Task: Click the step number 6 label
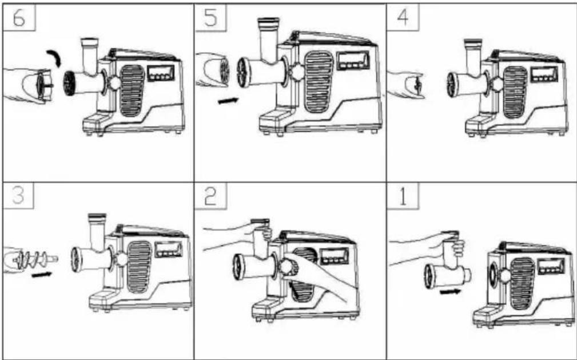[19, 18]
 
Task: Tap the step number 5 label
[211, 17]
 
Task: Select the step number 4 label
[403, 17]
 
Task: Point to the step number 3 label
[18, 195]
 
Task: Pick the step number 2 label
[211, 196]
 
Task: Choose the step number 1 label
[403, 197]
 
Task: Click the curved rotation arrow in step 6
[55, 58]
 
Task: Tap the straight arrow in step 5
[228, 100]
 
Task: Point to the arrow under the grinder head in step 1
[450, 292]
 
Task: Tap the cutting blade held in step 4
[417, 84]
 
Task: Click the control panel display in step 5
[353, 60]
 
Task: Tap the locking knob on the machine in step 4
[497, 84]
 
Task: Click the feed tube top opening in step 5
[268, 21]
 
